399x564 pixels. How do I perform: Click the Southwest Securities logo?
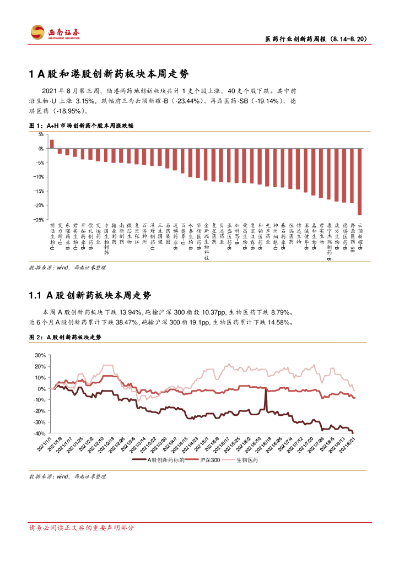pos(55,32)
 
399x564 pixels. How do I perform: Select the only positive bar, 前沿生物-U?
pos(52,144)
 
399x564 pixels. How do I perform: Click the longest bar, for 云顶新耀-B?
pos(360,181)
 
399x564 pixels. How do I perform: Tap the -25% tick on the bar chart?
pos(40,219)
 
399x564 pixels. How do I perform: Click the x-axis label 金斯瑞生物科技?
pos(206,241)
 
